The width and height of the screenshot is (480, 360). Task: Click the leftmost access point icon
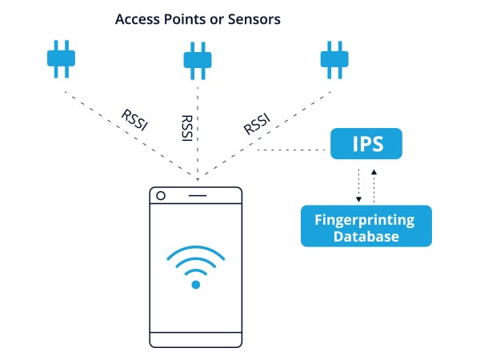[61, 58]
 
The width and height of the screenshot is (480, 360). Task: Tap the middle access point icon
[198, 61]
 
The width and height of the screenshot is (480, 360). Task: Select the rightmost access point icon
[334, 60]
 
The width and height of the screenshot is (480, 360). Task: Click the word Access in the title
[138, 19]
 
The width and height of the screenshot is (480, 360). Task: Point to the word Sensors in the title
[254, 19]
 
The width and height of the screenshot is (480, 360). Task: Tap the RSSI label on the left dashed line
[134, 120]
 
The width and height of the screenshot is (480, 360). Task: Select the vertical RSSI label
[187, 128]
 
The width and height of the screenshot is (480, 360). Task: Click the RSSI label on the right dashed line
[257, 124]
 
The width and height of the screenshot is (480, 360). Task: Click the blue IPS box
[366, 143]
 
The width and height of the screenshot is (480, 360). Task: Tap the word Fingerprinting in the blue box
[365, 220]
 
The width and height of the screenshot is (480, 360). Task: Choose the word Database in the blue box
[366, 237]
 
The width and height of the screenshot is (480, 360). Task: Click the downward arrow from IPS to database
[358, 186]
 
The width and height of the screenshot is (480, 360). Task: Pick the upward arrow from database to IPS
[374, 186]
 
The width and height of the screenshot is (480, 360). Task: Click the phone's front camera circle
[161, 196]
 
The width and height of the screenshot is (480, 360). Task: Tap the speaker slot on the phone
[198, 195]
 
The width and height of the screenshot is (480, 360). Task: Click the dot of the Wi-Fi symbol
[196, 285]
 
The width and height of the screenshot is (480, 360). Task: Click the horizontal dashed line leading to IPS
[291, 150]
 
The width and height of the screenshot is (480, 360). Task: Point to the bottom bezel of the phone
[196, 340]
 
